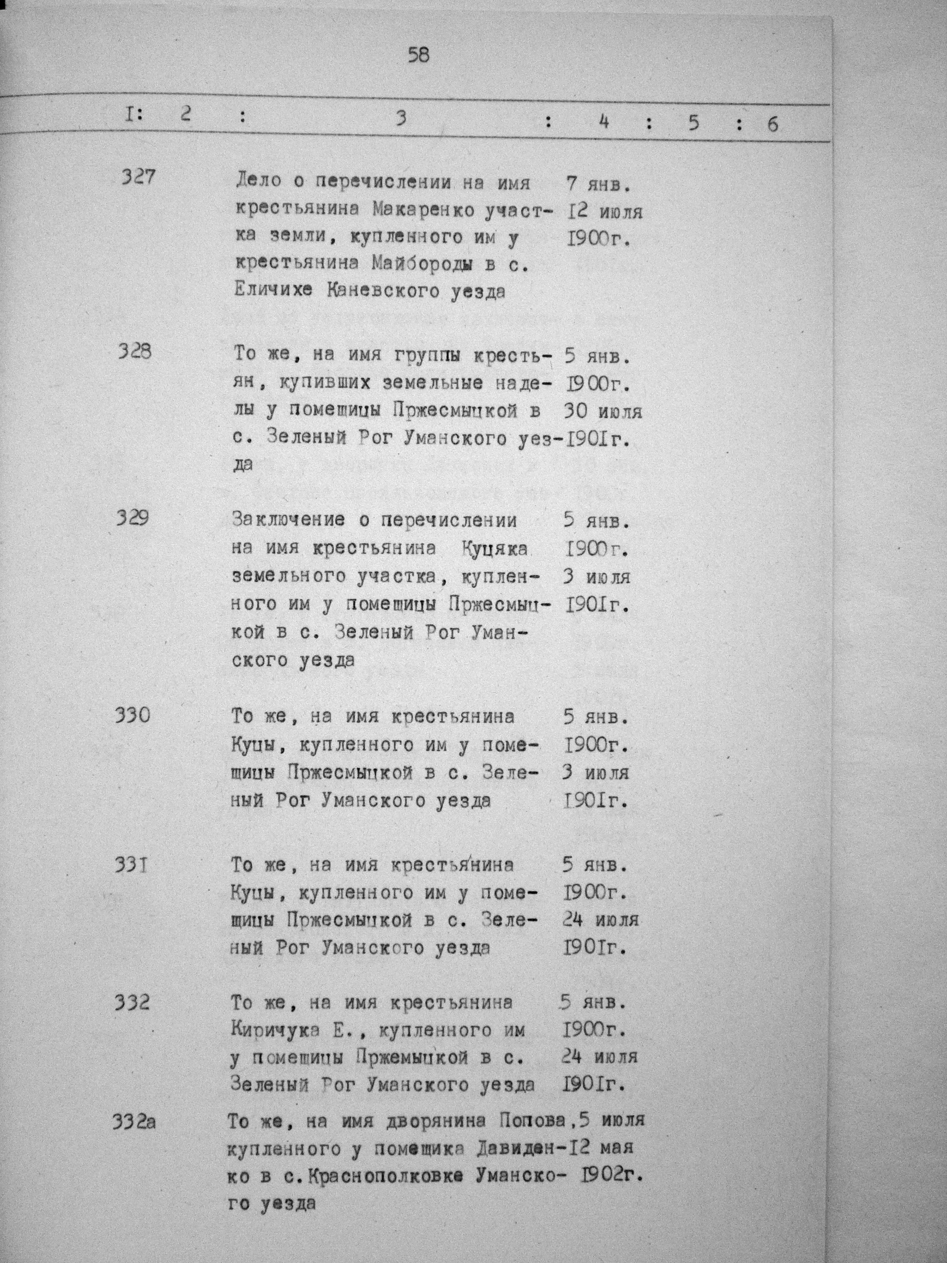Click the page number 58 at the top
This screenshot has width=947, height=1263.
[418, 56]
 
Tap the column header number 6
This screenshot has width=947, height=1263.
[772, 124]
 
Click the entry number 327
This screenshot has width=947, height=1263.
[138, 177]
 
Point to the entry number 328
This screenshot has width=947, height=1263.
[135, 351]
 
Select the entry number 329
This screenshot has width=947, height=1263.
[133, 518]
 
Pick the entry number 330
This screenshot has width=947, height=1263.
[133, 714]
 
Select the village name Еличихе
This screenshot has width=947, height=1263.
[273, 290]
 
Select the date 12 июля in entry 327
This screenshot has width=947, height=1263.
[605, 212]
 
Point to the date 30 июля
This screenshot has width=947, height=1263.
[603, 411]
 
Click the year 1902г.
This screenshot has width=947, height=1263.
[615, 1176]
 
